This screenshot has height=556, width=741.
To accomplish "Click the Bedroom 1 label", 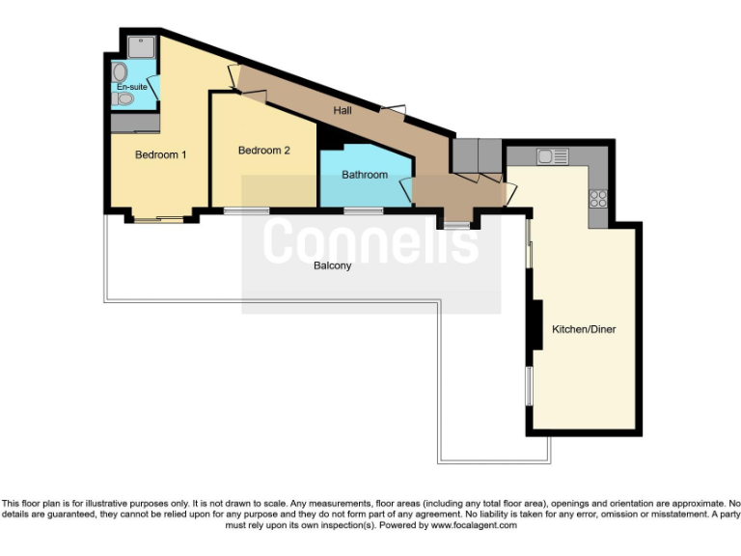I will coord(160,154).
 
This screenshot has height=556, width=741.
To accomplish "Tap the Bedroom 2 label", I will coord(263,150).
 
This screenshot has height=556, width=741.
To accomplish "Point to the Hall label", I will coord(342,111).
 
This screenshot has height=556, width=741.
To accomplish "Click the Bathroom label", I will coord(365,175).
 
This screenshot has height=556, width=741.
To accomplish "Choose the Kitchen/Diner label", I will coord(583,329).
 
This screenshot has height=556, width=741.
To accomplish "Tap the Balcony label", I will coord(332,264).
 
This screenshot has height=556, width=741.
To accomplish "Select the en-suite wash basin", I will coord(120,72).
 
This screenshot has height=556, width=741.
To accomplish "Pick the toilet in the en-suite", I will coord(123,98).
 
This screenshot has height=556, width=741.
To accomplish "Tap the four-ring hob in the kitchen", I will coord(598,199).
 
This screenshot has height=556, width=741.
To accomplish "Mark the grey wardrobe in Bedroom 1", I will coord(134,123).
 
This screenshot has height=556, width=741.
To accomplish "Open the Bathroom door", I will coord(406,188).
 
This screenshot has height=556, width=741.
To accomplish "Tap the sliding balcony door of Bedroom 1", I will coord(157,220).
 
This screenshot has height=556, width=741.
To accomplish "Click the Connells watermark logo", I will coord(370,241).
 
